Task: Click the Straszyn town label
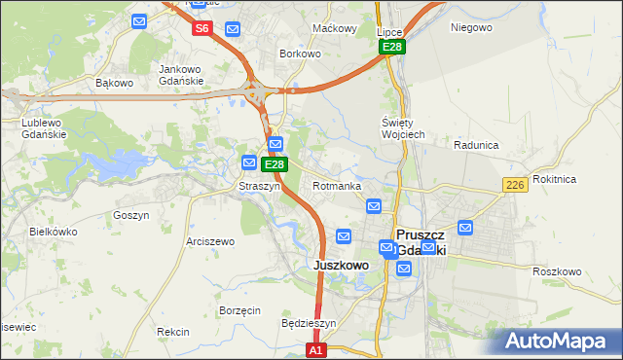click(x=260, y=185)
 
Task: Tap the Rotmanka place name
click(x=337, y=185)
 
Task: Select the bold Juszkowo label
click(x=341, y=265)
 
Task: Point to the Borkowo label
click(x=300, y=54)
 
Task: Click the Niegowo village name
click(x=471, y=27)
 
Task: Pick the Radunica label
click(x=476, y=144)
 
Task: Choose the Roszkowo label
click(x=557, y=271)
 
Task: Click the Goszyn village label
click(x=130, y=215)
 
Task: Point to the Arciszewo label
click(x=210, y=241)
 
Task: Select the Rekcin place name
click(x=172, y=332)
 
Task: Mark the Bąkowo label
click(x=114, y=83)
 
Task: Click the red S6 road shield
click(x=202, y=28)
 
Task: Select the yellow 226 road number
click(x=515, y=185)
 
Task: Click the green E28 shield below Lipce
click(x=392, y=47)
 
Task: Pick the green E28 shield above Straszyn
click(x=274, y=164)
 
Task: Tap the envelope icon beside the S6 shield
click(x=232, y=28)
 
